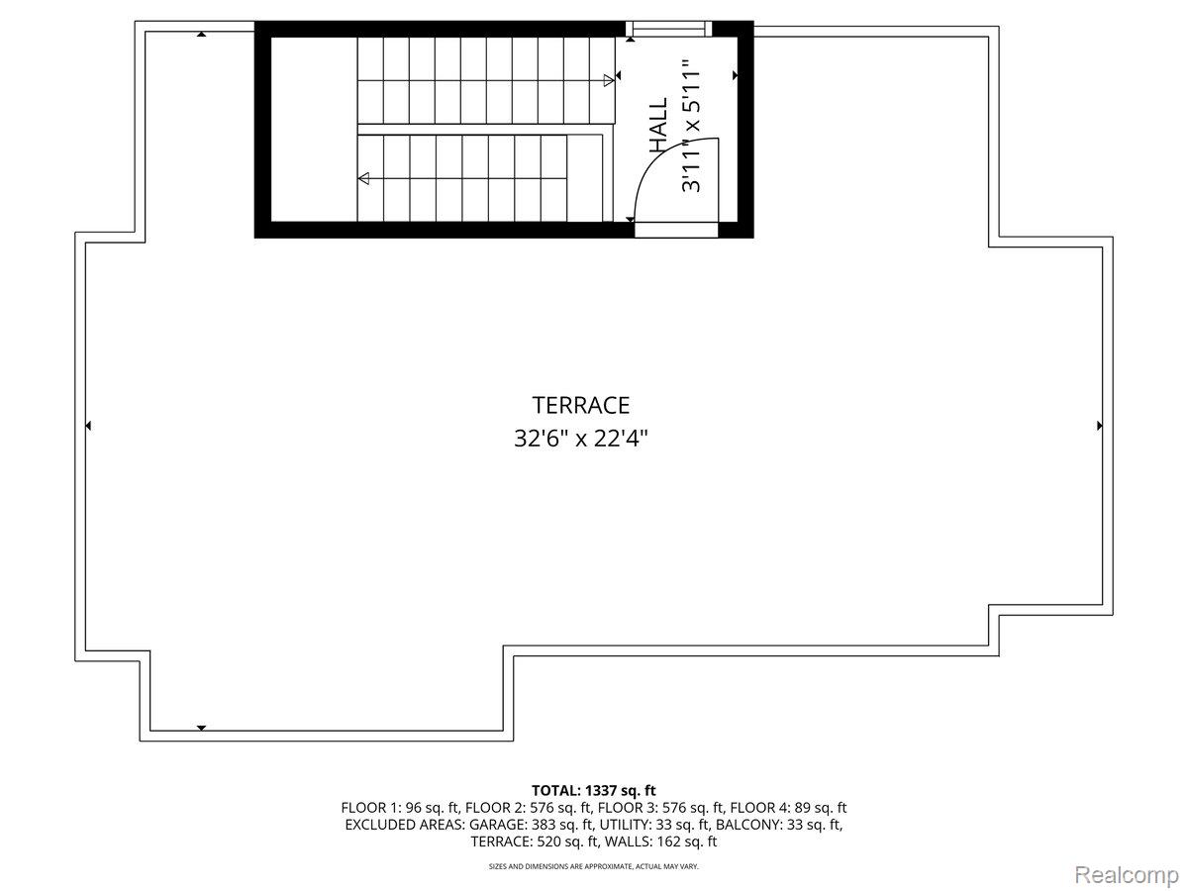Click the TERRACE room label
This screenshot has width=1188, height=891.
click(581, 405)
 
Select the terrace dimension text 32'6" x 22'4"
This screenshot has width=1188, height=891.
click(581, 438)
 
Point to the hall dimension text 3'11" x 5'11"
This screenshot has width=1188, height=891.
click(691, 126)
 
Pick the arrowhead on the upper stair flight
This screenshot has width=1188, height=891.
click(608, 79)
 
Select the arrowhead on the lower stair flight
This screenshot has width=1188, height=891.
click(364, 179)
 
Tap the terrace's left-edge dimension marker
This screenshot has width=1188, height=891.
click(88, 426)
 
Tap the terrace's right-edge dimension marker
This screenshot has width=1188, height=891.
click(1100, 426)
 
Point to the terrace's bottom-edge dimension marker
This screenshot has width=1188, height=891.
click(201, 728)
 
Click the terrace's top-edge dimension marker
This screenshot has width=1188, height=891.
click(201, 35)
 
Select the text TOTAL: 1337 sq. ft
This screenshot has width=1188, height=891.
click(594, 790)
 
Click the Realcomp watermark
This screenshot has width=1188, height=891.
click(1126, 875)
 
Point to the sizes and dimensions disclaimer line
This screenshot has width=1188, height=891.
click(594, 866)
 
